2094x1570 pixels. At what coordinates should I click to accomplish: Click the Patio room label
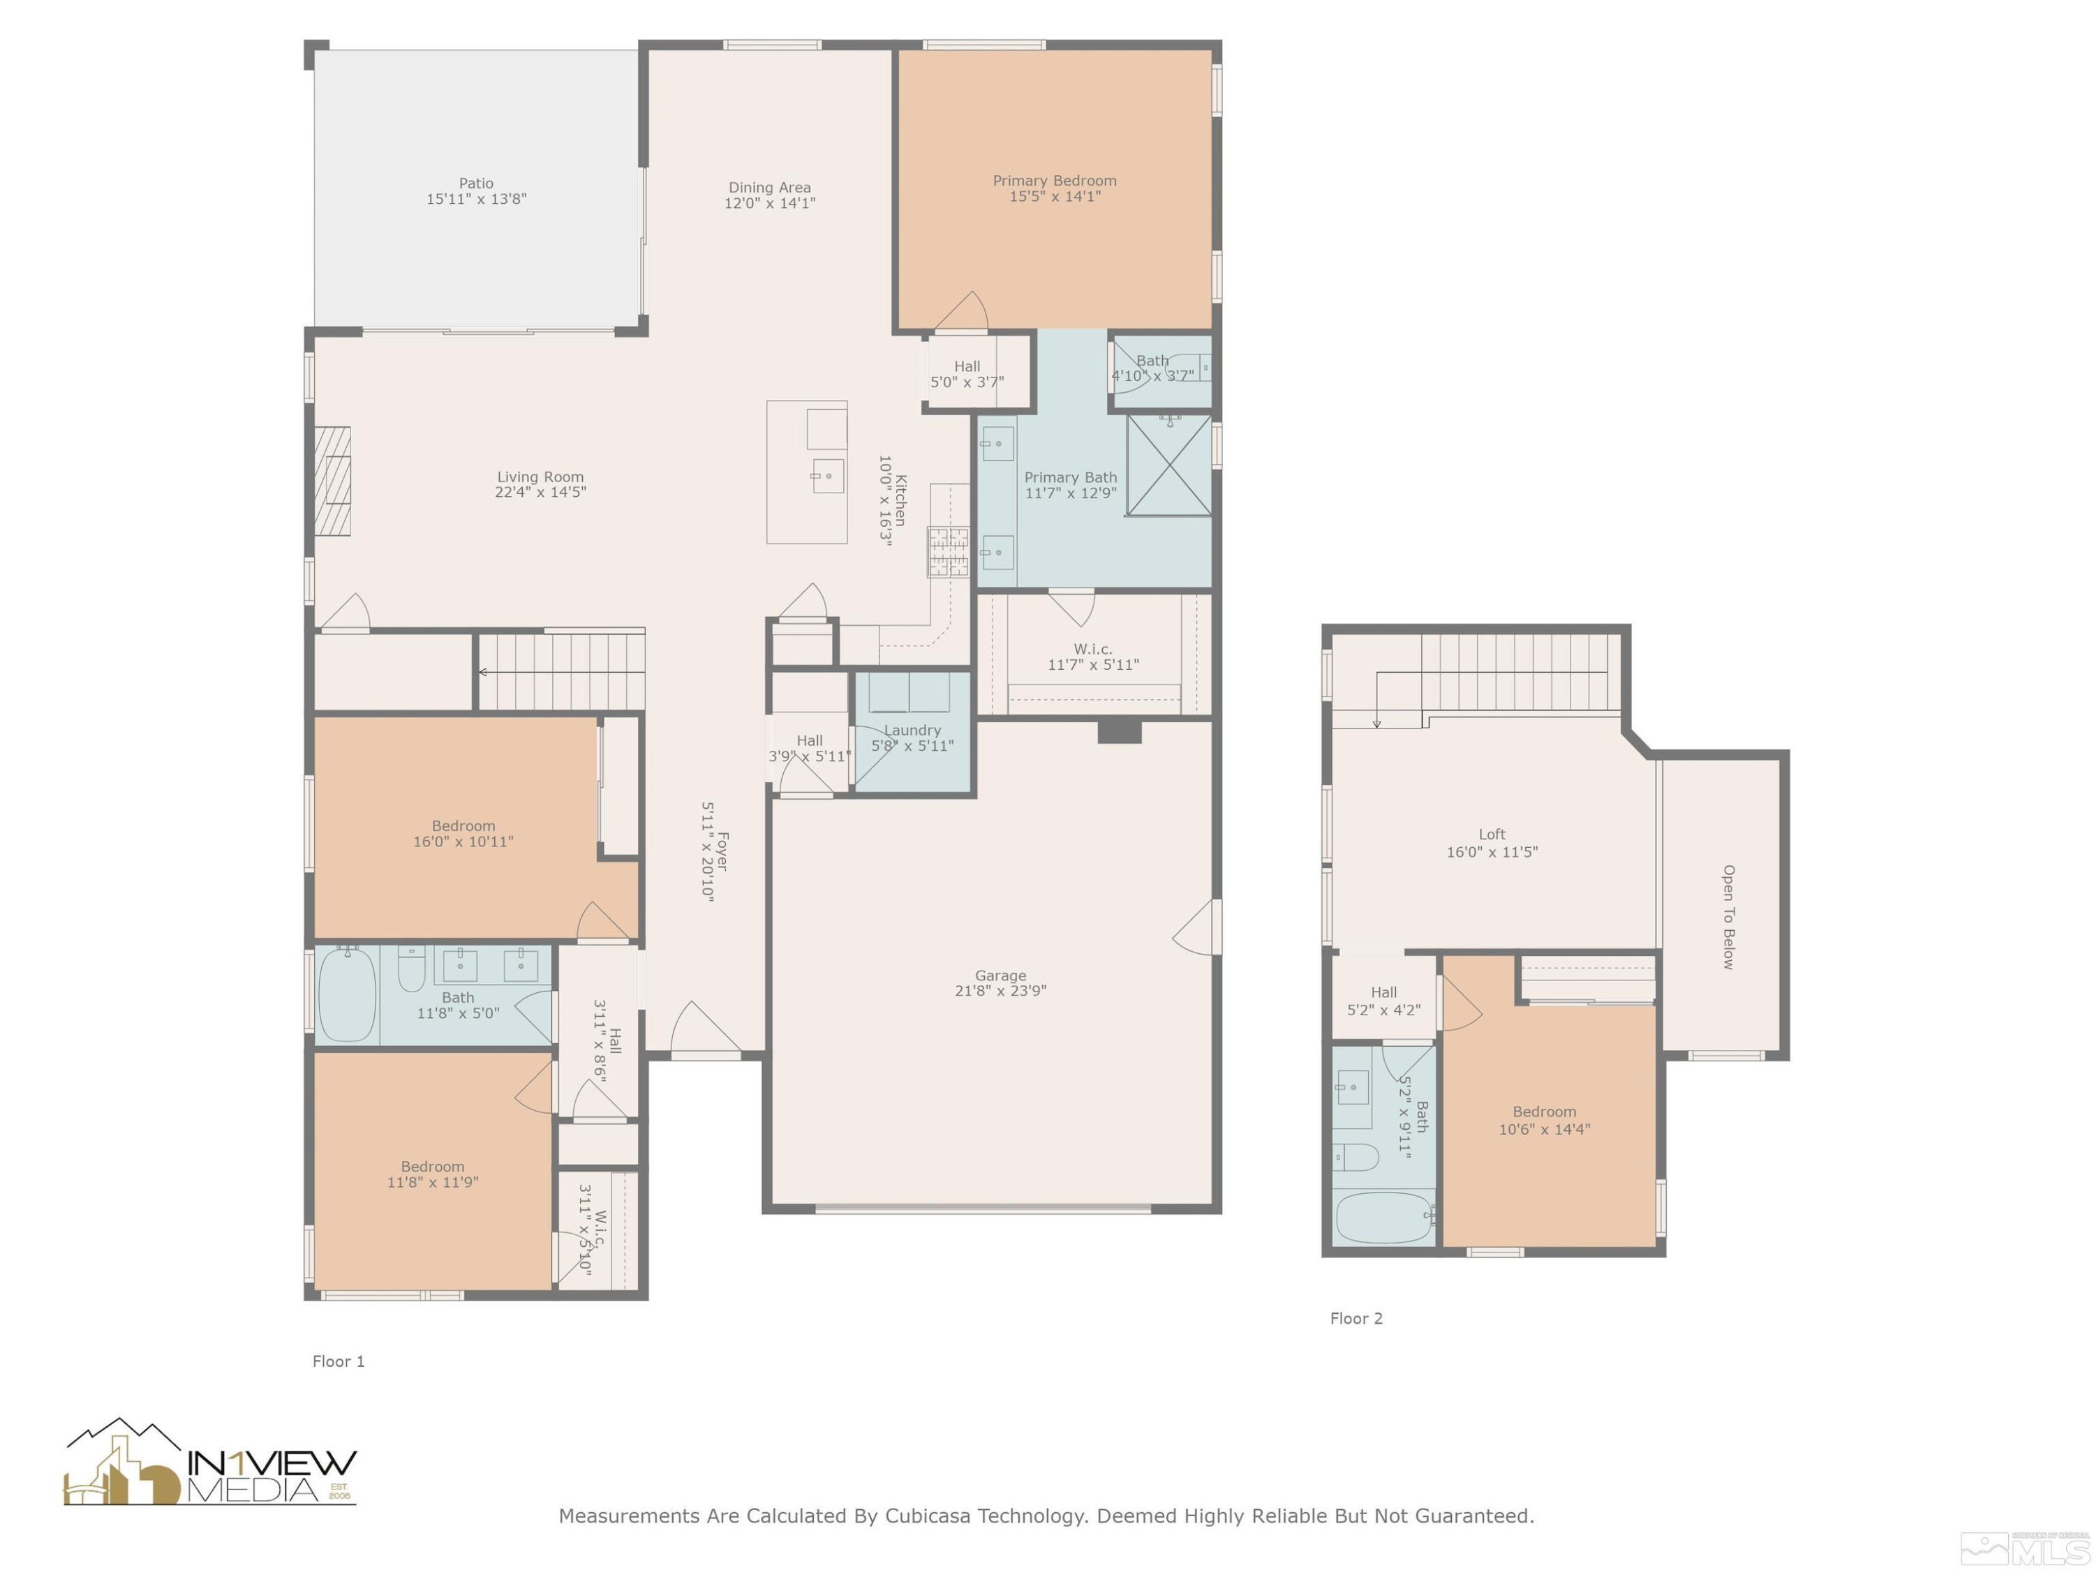[476, 184]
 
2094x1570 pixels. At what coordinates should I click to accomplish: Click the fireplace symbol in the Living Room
[332, 481]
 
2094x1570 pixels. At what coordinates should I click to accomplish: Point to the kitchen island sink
[827, 476]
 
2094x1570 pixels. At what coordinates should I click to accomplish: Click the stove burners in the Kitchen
[948, 553]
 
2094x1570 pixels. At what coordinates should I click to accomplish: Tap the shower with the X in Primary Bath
[1168, 465]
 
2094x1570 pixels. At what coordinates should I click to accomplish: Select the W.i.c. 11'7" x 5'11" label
[1092, 657]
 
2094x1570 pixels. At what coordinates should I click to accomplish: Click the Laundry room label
[912, 731]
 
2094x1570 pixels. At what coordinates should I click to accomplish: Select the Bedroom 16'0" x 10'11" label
[463, 834]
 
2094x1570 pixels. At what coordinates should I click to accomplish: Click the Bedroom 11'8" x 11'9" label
[433, 1174]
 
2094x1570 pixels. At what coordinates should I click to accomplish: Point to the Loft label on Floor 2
[1491, 835]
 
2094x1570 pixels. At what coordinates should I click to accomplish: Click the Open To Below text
[1728, 917]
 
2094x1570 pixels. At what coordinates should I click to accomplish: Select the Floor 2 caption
[1356, 1318]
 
